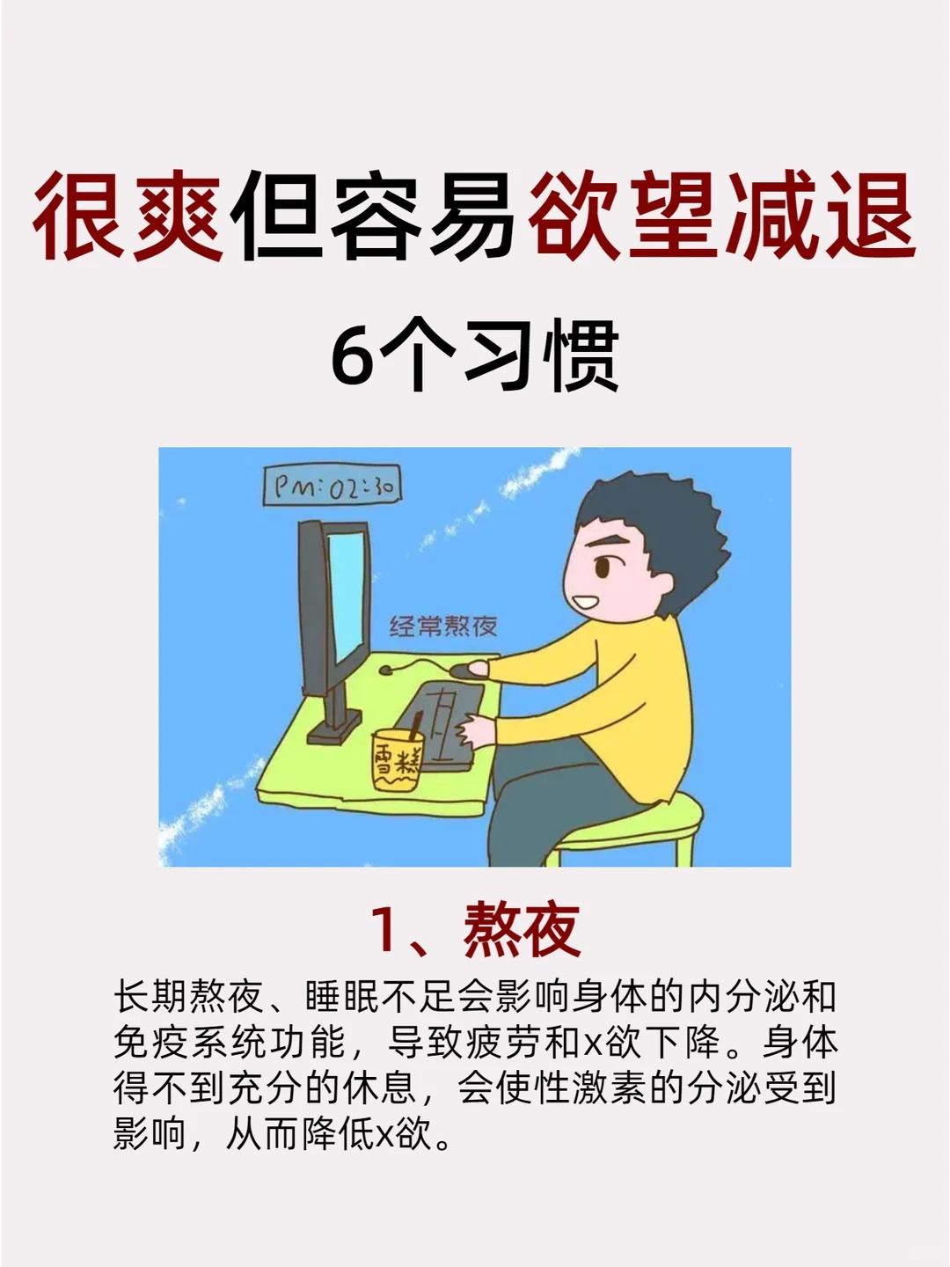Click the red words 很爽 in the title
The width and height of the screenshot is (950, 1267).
(x=128, y=216)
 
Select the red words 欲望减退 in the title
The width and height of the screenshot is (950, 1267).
(x=721, y=216)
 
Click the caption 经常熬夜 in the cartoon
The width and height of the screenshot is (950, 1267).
(x=442, y=626)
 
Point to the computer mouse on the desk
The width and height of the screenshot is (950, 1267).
(x=467, y=670)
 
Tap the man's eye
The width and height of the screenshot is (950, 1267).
(x=601, y=568)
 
